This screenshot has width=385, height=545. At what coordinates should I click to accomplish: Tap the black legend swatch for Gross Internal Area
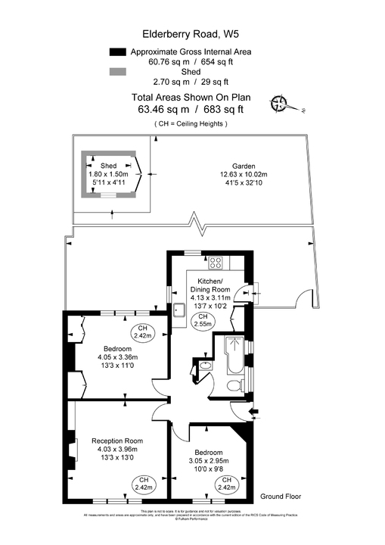click(x=116, y=51)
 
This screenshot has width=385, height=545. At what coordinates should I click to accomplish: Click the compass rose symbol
click(x=281, y=104)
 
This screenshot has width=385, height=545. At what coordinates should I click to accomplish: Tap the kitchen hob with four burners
click(x=216, y=263)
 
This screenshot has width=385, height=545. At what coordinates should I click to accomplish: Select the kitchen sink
click(x=179, y=309)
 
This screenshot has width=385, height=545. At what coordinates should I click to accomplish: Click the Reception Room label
click(x=117, y=441)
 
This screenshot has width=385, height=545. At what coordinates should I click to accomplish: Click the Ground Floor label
click(x=281, y=497)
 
